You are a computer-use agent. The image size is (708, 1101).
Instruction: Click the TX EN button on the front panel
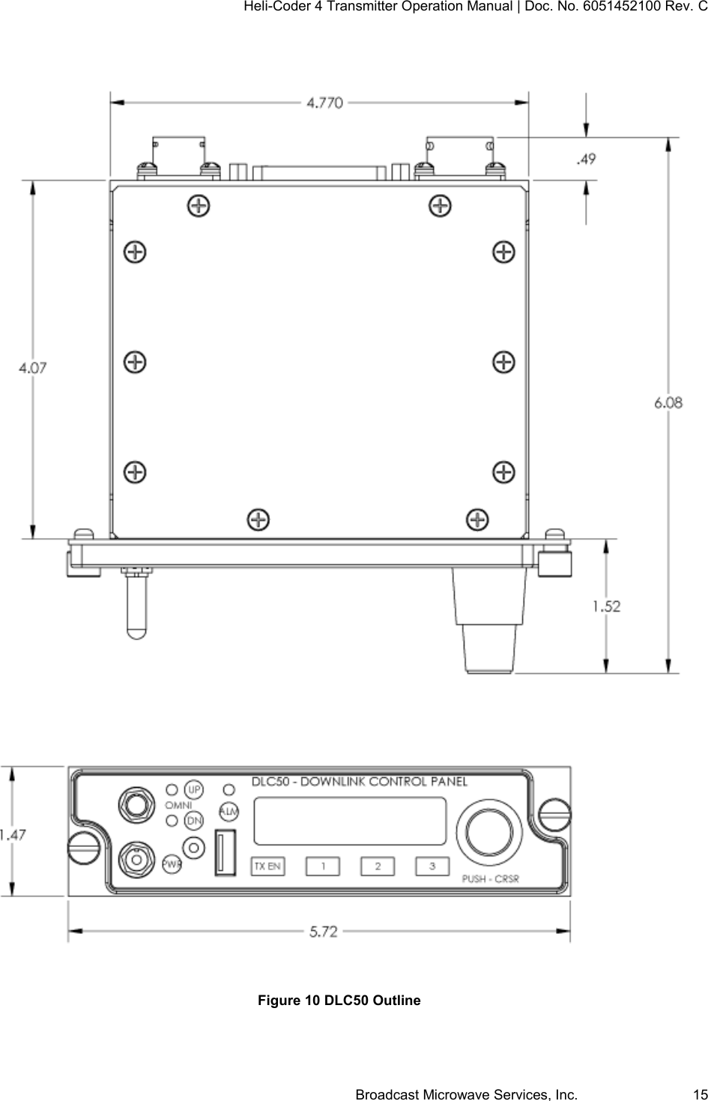tap(267, 866)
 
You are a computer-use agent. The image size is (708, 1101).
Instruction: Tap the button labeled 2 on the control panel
tap(378, 866)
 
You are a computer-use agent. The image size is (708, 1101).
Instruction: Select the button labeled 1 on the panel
tap(323, 866)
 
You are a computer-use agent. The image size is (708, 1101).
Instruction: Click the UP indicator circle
tap(194, 790)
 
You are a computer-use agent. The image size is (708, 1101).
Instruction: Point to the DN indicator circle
tap(194, 821)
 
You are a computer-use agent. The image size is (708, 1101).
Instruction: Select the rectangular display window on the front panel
tap(350, 821)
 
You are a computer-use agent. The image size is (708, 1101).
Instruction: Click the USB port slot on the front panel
tap(226, 852)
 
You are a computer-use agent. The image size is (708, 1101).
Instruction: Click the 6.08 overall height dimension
tap(668, 402)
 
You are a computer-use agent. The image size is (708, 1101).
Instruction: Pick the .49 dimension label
tap(586, 159)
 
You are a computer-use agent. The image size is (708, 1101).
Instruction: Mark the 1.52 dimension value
tap(607, 606)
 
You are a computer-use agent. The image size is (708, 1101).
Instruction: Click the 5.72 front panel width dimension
tap(324, 932)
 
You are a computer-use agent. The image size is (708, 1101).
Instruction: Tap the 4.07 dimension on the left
tap(34, 367)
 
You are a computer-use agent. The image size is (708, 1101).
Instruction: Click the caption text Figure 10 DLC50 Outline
tap(339, 1001)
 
